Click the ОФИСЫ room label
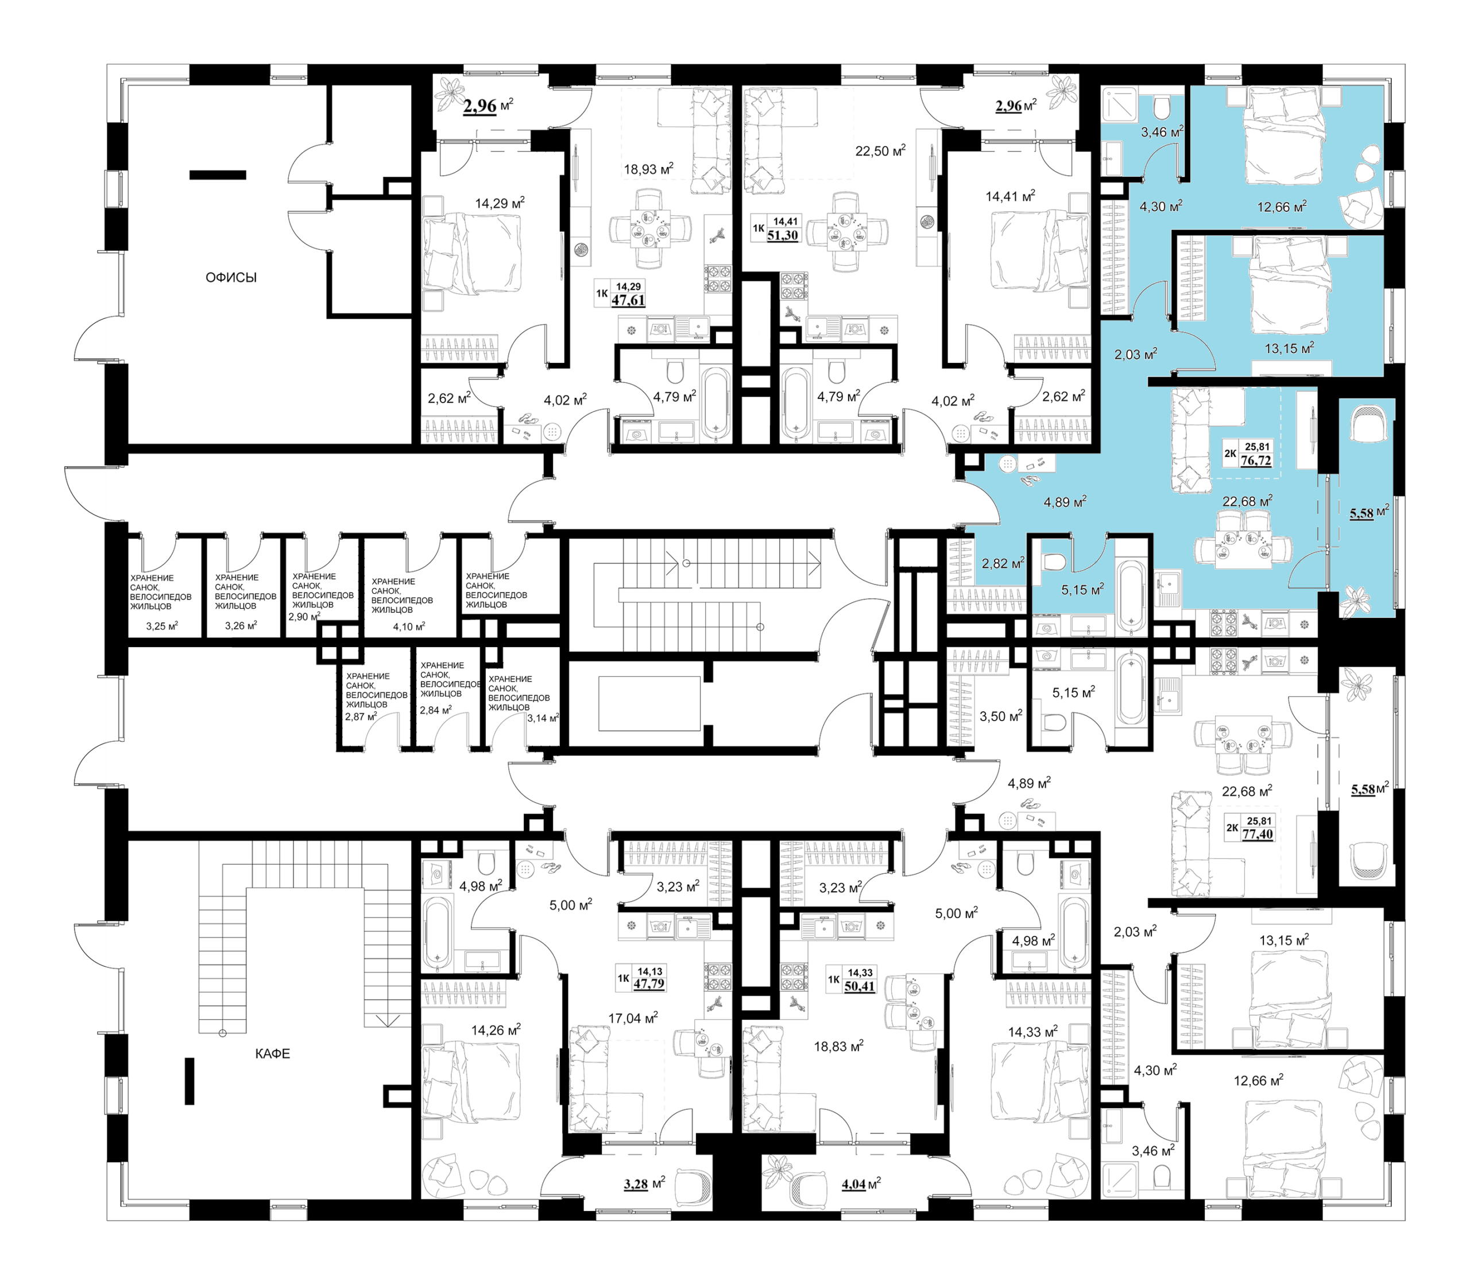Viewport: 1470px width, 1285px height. click(231, 277)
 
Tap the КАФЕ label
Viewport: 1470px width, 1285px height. click(273, 1054)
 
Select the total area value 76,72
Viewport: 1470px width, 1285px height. click(1256, 460)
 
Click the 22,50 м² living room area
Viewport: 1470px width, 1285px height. click(880, 150)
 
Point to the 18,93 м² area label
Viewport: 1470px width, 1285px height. click(648, 169)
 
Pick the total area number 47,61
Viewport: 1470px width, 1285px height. click(628, 300)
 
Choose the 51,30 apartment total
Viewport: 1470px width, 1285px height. click(782, 235)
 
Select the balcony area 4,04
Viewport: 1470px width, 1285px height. click(853, 1184)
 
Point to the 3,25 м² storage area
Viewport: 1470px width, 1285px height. click(162, 626)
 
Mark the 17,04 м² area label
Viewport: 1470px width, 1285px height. click(633, 1017)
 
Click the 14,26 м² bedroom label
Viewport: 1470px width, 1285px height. click(496, 1031)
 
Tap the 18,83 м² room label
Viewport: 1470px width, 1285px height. click(838, 1046)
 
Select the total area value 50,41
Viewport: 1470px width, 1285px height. click(859, 986)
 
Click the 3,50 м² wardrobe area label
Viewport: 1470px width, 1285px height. click(1000, 715)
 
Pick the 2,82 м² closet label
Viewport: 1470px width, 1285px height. click(1003, 564)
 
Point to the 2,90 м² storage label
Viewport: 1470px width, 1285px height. click(304, 617)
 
